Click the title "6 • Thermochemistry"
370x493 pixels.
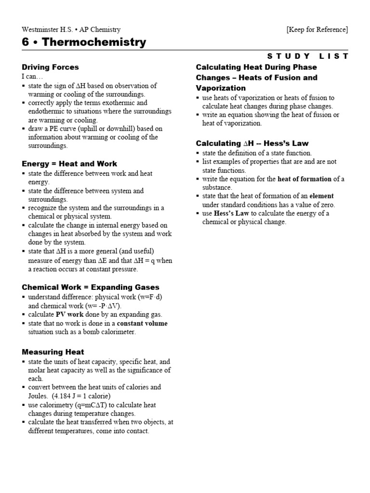pos(84,42)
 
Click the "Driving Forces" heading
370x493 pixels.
pos(50,67)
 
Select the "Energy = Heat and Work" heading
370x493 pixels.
pos(69,164)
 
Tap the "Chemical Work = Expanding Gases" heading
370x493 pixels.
pos(91,287)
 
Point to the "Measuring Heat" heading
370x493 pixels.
pos(53,352)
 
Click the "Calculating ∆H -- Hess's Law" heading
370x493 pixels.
pos(252,143)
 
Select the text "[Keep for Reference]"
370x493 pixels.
pos(317,29)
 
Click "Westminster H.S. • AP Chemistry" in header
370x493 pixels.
pos(71,29)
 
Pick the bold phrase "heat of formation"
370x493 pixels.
pos(304,179)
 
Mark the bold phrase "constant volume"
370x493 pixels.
pos(140,323)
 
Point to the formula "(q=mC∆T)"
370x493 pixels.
pos(97,405)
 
